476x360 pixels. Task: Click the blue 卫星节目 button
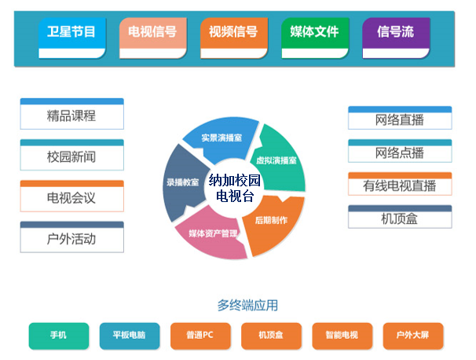click(72, 34)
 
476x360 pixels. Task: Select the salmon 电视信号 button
click(153, 34)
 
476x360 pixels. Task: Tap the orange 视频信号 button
click(233, 34)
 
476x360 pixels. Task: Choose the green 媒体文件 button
click(314, 34)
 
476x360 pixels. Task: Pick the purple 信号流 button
click(396, 34)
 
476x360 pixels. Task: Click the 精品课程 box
click(71, 116)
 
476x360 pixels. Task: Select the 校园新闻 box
click(71, 156)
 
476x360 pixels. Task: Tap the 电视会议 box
click(71, 197)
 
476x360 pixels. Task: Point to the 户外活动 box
click(71, 238)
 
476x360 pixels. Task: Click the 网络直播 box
click(400, 120)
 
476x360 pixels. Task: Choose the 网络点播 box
click(400, 152)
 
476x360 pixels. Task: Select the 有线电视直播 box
click(400, 186)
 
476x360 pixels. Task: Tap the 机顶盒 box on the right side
click(400, 219)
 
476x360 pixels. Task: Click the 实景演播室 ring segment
click(221, 138)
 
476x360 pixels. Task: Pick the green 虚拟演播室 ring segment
click(276, 160)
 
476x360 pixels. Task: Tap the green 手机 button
click(58, 336)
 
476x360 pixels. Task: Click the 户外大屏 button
click(412, 336)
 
